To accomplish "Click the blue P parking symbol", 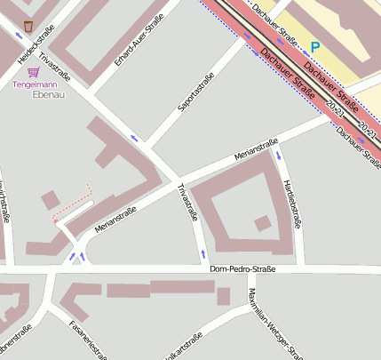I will (314, 46).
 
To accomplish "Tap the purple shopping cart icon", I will (34, 72).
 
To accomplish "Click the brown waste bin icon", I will (28, 26).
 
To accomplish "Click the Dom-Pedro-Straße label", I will (242, 269).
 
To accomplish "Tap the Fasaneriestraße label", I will (88, 340).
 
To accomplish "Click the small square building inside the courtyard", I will (262, 223).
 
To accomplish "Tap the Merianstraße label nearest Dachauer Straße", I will (257, 149).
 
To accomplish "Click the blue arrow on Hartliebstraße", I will (279, 156).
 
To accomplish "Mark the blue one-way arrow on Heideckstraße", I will (20, 36).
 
